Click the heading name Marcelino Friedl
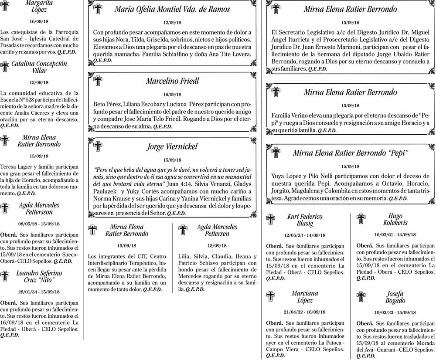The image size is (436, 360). click(x=172, y=81)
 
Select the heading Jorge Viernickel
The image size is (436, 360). click(x=172, y=146)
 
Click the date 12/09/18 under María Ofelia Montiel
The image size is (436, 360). click(x=172, y=23)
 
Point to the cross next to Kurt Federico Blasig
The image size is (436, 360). click(x=271, y=220)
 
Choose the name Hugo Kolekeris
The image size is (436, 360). click(x=395, y=219)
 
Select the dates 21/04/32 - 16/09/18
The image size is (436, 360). click(x=305, y=312)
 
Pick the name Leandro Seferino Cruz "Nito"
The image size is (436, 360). click(x=39, y=277)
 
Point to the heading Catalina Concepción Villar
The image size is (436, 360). click(x=39, y=67)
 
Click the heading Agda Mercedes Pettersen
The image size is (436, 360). click(x=217, y=230)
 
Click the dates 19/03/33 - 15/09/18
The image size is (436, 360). click(x=395, y=312)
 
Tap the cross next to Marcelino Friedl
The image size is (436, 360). click(x=98, y=81)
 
